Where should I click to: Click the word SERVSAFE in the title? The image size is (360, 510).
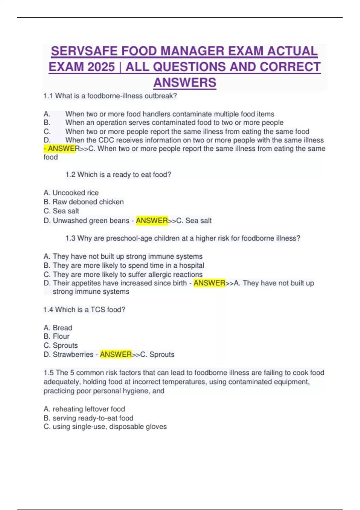pos(84,51)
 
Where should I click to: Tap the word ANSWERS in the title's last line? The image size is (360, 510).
pos(184,82)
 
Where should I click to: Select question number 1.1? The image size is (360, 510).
pos(48,96)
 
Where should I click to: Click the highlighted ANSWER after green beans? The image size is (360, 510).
pos(152,220)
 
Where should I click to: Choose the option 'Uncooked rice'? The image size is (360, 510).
pos(76,193)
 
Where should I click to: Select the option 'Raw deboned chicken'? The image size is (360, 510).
pos(88,202)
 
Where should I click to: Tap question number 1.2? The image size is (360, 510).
pos(70,175)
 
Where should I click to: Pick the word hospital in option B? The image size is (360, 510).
pos(191,265)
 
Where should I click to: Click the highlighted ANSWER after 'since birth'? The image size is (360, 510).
pos(209,283)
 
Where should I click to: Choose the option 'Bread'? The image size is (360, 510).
pos(62,328)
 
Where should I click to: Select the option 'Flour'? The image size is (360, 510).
pos(61,336)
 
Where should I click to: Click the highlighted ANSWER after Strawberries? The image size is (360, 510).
pos(116,354)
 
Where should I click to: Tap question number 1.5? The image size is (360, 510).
pos(48,373)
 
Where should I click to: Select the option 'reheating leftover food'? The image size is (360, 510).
pos(89,409)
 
